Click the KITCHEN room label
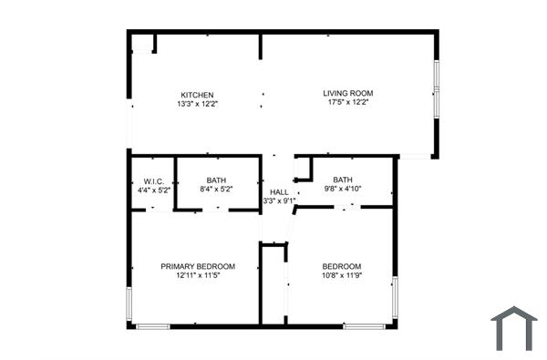tap(197, 95)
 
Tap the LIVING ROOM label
tap(348, 93)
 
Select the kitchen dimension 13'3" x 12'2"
tap(197, 104)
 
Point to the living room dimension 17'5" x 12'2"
tap(348, 102)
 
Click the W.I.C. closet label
tap(151, 180)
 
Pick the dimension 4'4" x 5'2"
tap(151, 190)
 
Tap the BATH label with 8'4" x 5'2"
tap(216, 180)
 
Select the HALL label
tap(279, 192)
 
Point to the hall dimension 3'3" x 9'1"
tap(277, 201)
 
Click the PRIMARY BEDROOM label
tap(198, 266)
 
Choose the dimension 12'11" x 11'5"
tap(198, 275)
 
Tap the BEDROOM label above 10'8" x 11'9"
tap(342, 266)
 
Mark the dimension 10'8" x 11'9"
tap(342, 275)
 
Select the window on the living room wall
tap(437, 89)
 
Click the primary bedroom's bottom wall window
tap(152, 326)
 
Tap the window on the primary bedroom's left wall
tap(129, 305)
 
